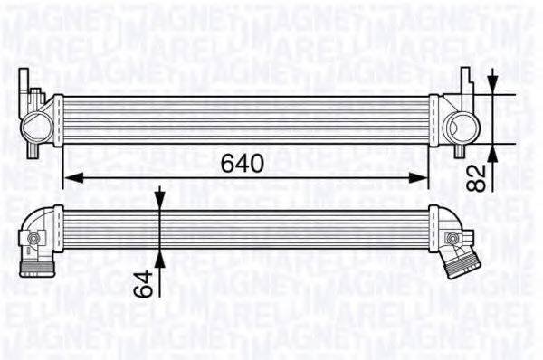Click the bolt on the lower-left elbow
(34, 238)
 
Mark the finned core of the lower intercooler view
(244, 227)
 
